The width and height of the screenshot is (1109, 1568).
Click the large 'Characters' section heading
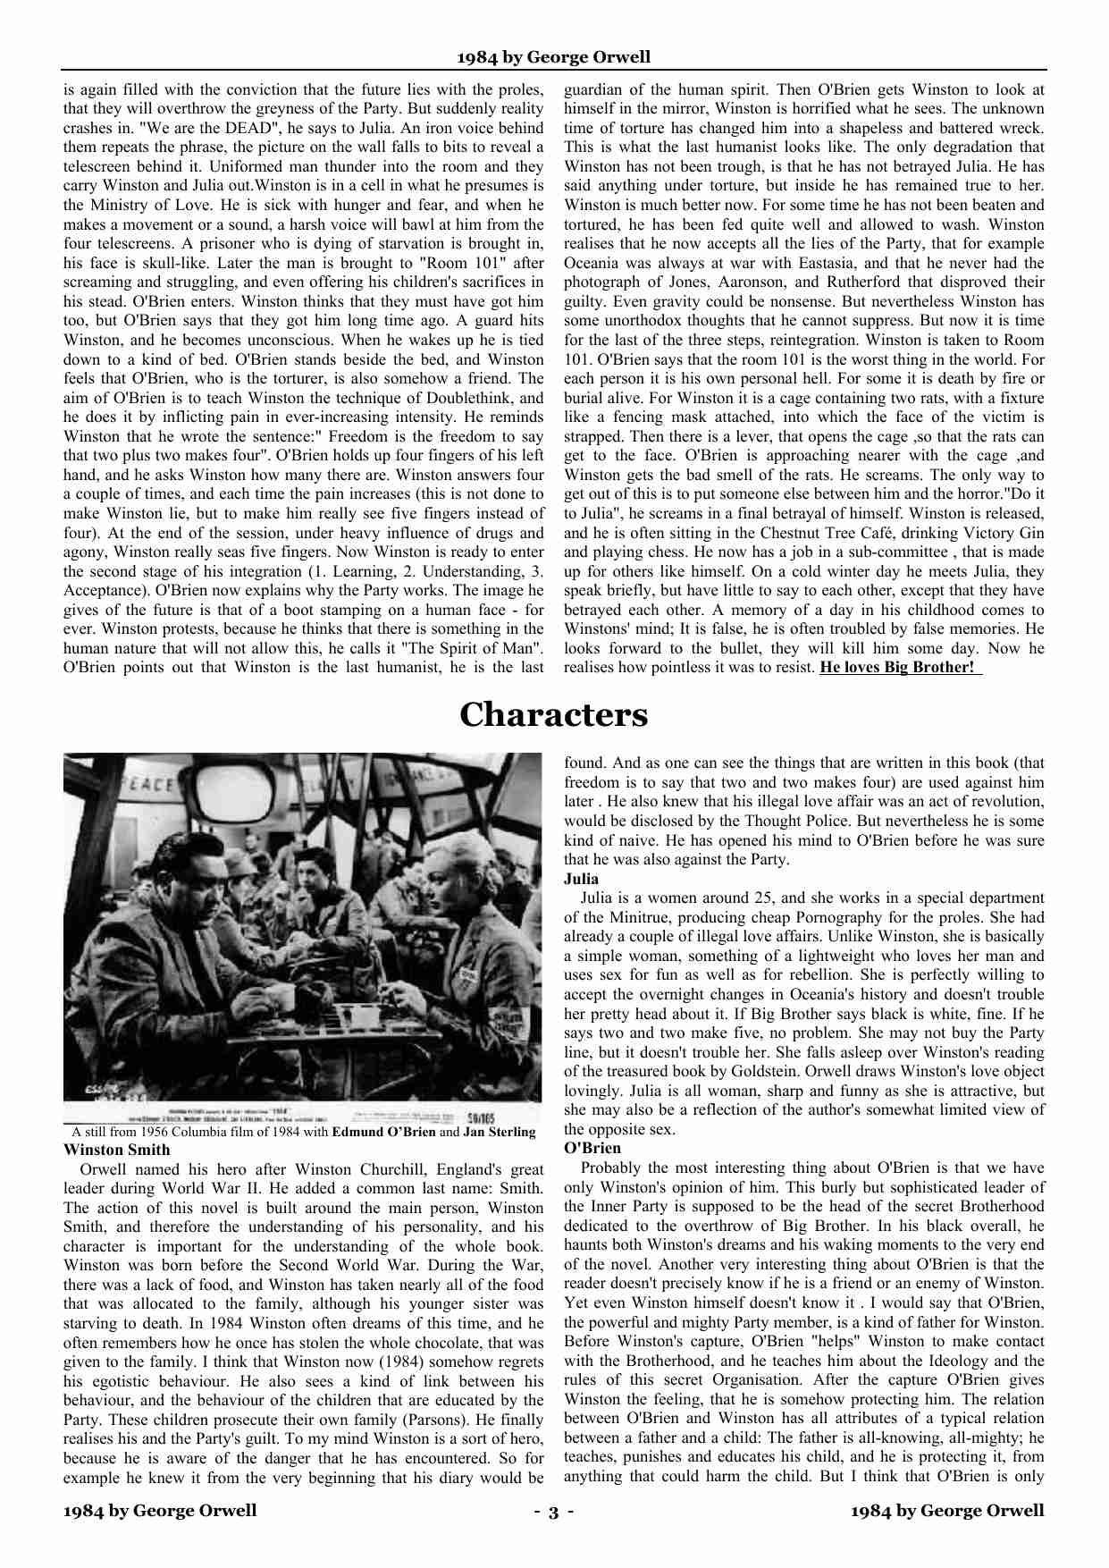553,714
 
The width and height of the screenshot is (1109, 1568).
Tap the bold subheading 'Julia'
581,879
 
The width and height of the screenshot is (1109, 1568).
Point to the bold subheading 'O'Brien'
592,1148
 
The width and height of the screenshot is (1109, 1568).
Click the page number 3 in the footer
553,1512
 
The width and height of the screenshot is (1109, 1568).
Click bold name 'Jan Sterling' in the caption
499,1132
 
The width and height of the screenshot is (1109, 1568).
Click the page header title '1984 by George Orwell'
553,57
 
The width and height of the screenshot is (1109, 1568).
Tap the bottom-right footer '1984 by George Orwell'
947,1511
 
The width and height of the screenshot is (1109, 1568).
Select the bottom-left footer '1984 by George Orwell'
160,1511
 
